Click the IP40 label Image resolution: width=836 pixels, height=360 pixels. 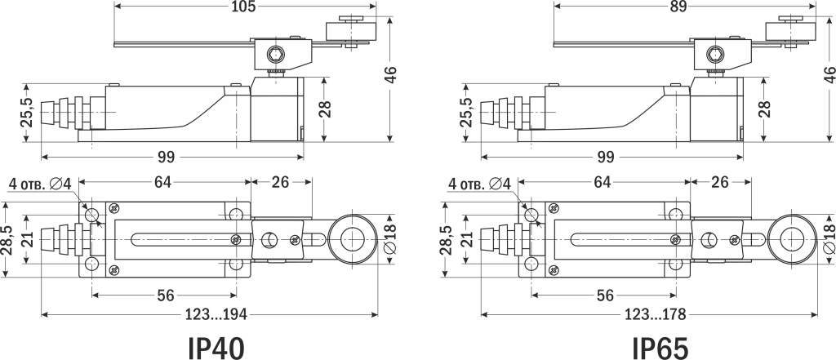[x=216, y=346]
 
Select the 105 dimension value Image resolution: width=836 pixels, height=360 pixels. [x=244, y=7]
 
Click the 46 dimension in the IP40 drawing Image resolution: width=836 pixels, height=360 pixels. [x=391, y=73]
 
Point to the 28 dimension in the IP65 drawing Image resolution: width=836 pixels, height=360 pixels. [x=765, y=109]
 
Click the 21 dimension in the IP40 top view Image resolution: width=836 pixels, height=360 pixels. [x=27, y=240]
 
